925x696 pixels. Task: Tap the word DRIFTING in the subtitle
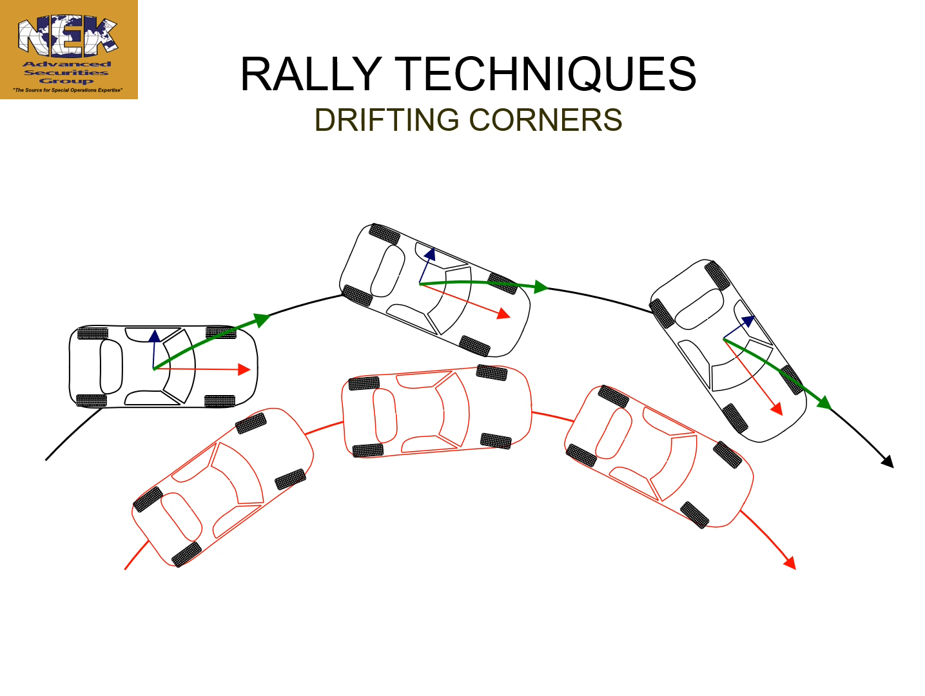point(387,121)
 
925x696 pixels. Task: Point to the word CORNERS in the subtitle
point(545,121)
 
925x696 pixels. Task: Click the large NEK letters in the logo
point(68,37)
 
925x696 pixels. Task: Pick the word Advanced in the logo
point(67,64)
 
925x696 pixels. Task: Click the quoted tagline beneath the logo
point(68,90)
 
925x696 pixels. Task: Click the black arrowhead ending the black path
point(888,461)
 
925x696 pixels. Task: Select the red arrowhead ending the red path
point(790,563)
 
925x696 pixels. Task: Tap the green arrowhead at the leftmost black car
point(261,319)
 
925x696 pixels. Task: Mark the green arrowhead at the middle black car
point(540,287)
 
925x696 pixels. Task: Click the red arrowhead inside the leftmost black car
point(244,369)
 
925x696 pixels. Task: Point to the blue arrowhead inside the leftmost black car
point(155,336)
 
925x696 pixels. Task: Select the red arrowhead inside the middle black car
point(503,314)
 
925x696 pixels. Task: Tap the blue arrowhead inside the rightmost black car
point(748,321)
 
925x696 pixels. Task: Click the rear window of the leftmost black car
point(111,367)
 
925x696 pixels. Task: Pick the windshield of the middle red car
point(453,411)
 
